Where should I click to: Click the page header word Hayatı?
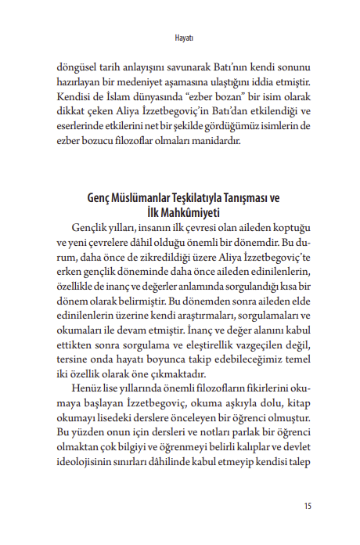click(181, 37)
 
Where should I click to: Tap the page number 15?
click(307, 505)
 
